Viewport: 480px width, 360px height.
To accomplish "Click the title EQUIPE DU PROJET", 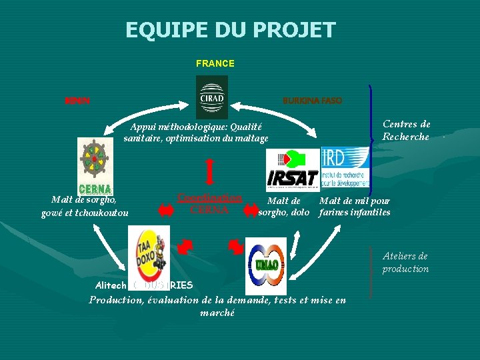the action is click(231, 30).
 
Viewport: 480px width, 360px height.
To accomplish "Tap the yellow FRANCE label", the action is click(215, 63).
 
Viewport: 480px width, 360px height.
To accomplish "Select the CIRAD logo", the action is click(212, 97).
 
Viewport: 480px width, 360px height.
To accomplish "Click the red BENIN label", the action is click(77, 101).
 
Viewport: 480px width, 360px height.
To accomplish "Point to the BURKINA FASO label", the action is click(312, 101).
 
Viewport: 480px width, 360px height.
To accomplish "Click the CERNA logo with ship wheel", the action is click(95, 166).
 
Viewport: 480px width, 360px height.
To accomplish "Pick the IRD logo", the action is click(345, 166).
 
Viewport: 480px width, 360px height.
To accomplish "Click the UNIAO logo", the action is click(266, 263).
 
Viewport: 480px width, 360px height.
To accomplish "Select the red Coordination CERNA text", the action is click(209, 203).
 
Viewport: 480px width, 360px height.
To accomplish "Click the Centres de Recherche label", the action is click(406, 130).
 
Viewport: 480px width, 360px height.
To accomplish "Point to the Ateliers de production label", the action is click(405, 262).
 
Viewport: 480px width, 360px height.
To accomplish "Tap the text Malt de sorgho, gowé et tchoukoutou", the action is click(85, 206).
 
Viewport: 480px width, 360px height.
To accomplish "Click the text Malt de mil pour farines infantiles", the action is click(355, 207).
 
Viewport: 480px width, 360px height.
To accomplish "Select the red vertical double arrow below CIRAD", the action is click(210, 170).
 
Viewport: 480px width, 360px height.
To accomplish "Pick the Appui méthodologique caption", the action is click(196, 133).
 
